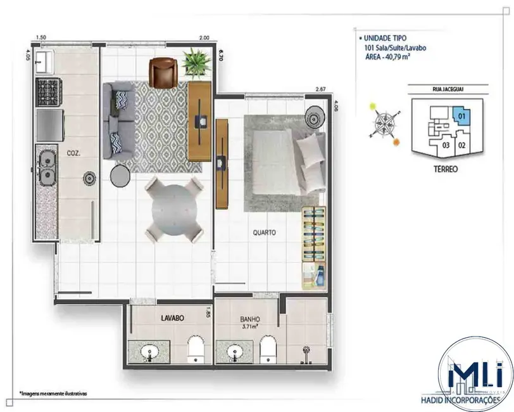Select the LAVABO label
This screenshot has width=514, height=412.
172,319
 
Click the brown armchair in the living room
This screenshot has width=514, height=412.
163,72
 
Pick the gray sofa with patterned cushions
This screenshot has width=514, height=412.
118,120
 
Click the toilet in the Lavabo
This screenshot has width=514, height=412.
196,349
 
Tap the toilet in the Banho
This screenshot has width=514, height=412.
269,349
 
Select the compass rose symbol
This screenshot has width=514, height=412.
385,123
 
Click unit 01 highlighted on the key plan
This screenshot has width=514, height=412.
461,117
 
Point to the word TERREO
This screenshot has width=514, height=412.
442,169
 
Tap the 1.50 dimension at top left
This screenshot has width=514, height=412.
41,38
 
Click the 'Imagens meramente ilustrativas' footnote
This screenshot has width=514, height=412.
53,393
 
